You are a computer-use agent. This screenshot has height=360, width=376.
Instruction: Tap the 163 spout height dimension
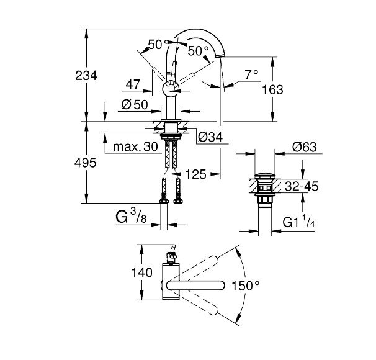click(x=272, y=89)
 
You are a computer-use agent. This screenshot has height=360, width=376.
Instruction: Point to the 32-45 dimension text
click(x=303, y=185)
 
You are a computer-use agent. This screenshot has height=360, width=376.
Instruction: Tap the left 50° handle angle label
click(x=157, y=44)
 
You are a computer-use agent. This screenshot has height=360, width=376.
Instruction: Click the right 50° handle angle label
click(x=199, y=50)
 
